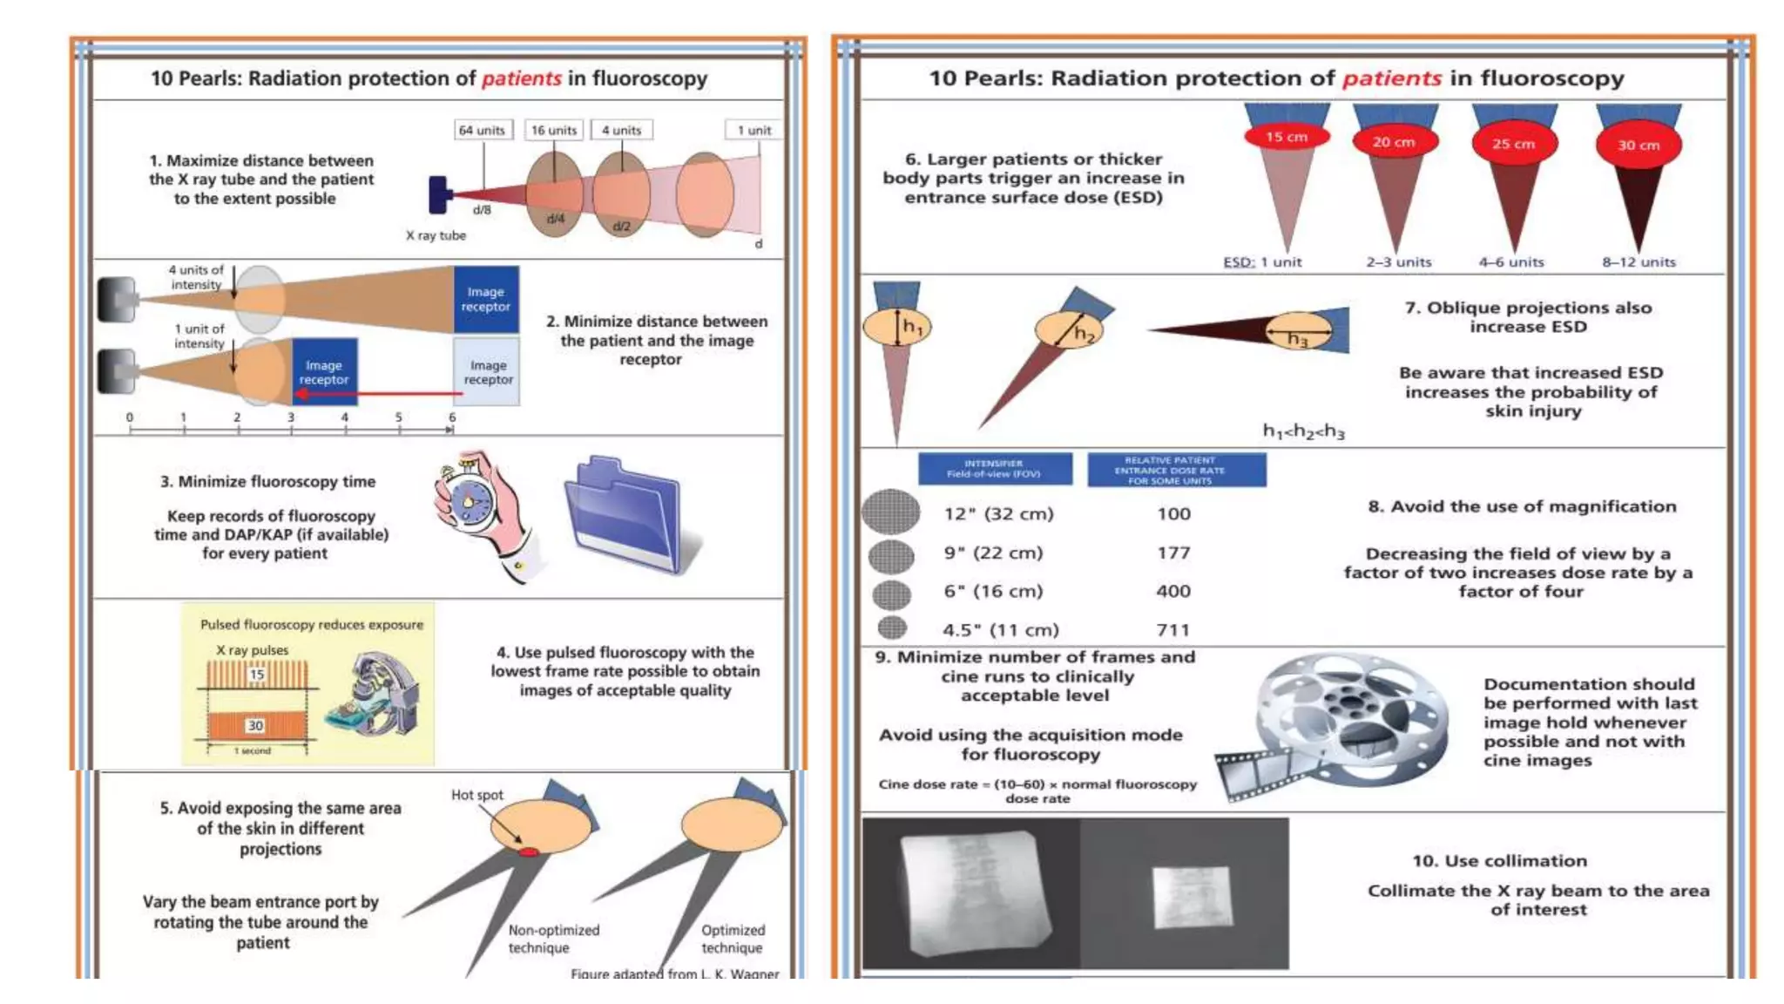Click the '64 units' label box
(483, 130)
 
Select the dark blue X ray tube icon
(438, 194)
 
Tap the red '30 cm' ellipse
(1638, 146)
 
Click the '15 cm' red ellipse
(1286, 137)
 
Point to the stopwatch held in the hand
(471, 503)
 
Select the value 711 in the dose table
(1172, 629)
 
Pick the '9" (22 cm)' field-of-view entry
(993, 553)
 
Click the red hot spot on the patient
(529, 851)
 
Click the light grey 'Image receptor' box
(488, 372)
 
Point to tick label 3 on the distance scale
(291, 417)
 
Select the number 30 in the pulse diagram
(255, 725)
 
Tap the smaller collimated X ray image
(1192, 896)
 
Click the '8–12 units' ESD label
(1638, 262)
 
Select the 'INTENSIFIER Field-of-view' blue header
(994, 469)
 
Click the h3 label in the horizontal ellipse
(1298, 339)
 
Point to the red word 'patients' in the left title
(521, 78)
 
